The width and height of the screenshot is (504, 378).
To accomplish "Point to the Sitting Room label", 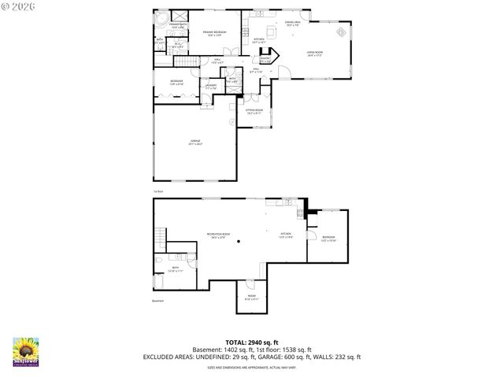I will (254, 112).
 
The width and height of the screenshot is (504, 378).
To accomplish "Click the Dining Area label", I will (292, 24).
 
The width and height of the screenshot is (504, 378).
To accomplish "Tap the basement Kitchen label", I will (287, 235).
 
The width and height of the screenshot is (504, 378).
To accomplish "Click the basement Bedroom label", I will (329, 238).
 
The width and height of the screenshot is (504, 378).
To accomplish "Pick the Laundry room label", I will (210, 87).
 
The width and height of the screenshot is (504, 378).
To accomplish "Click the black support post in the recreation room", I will (243, 243).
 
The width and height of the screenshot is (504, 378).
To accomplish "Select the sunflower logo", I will (27, 351).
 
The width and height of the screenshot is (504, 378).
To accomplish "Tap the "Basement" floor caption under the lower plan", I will (159, 302).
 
